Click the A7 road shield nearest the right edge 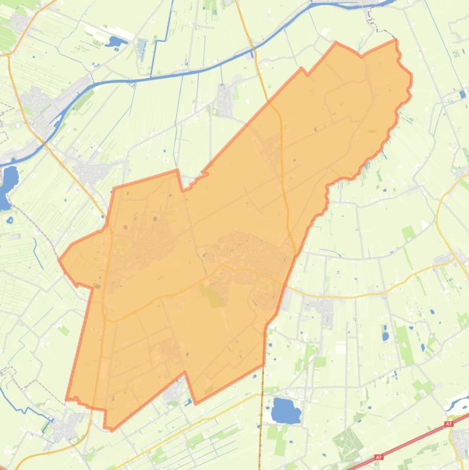point(449,424)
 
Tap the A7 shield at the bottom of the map point(379,457)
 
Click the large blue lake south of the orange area point(285,411)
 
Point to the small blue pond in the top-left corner point(114,42)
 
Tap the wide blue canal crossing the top point(183,73)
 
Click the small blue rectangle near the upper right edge point(463,94)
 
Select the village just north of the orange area point(224,98)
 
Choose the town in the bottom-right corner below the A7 point(459,440)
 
